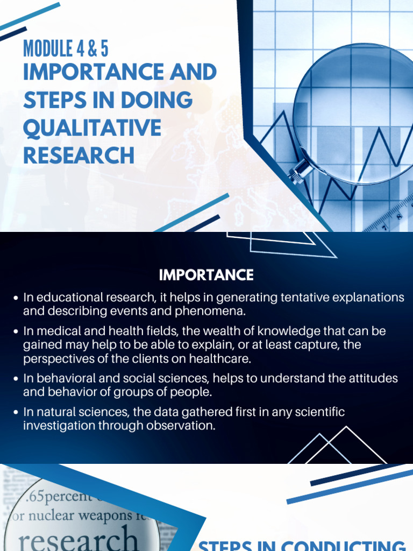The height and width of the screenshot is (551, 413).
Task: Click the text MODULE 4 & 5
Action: (x=66, y=48)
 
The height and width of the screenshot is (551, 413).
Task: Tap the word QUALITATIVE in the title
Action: (x=92, y=128)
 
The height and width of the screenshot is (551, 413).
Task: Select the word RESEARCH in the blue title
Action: (x=79, y=156)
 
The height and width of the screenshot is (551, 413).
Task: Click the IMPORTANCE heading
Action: (x=206, y=275)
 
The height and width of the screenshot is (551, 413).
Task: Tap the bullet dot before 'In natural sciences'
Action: (x=15, y=413)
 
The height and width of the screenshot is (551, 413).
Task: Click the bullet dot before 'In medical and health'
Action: (x=15, y=331)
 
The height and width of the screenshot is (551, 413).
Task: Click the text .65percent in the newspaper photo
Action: (x=51, y=495)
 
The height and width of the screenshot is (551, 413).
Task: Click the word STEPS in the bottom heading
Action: (x=223, y=546)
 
